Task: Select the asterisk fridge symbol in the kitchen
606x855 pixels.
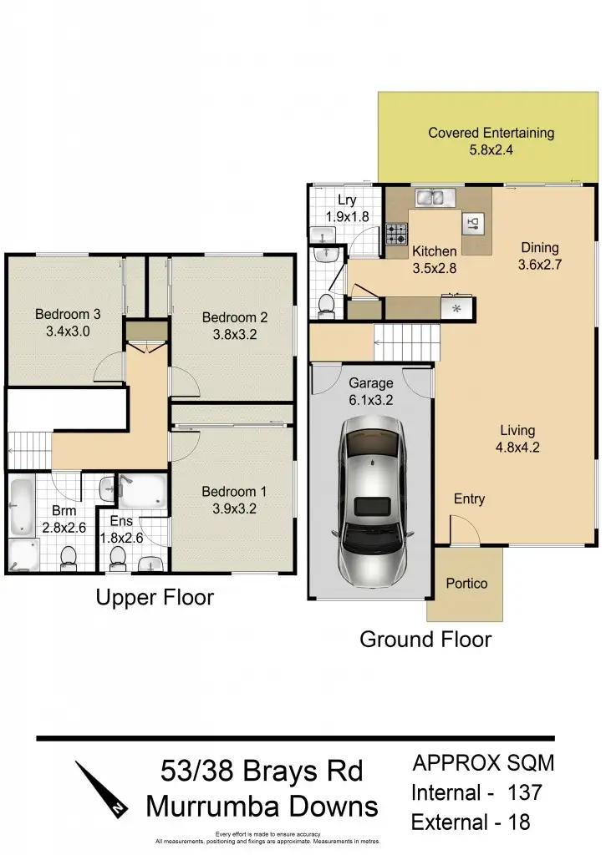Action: point(456,309)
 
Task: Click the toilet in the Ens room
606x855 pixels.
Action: point(118,557)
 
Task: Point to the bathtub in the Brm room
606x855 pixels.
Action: point(20,506)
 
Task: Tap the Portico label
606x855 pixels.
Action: point(466,584)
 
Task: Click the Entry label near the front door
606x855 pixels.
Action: point(469,499)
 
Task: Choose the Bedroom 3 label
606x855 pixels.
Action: point(68,315)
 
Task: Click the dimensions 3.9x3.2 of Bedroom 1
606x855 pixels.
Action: point(228,508)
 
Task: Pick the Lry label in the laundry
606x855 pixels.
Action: point(347,200)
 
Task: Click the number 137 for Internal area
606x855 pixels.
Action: point(524,792)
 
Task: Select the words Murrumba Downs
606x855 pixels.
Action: point(262,807)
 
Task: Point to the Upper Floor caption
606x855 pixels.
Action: point(154,598)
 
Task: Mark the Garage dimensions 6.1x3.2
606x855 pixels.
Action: point(371,400)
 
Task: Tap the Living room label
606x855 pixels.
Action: point(517,431)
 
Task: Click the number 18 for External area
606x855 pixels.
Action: point(518,822)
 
